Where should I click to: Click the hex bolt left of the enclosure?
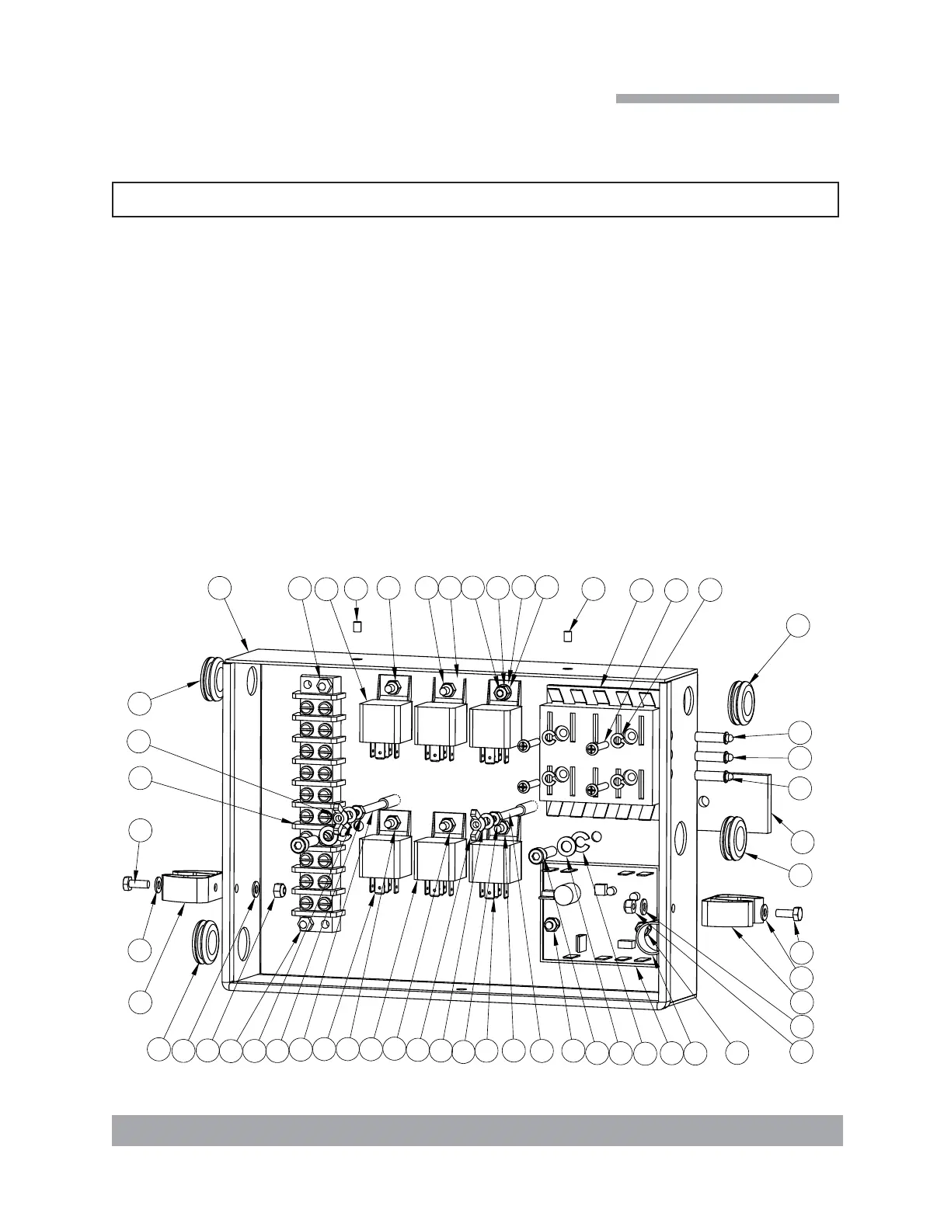click(x=135, y=883)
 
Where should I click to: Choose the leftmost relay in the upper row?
click(x=385, y=723)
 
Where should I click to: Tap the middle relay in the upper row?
click(x=440, y=724)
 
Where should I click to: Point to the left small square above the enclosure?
click(x=357, y=627)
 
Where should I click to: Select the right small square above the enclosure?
click(x=568, y=636)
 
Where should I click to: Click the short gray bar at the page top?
click(x=727, y=99)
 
